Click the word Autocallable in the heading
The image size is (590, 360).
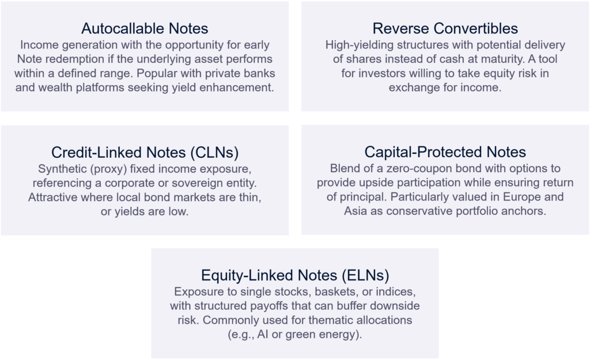coord(123,29)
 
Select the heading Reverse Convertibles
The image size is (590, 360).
coord(445,29)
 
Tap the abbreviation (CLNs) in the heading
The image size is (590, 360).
coord(214,153)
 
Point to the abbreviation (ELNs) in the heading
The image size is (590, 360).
coord(365,276)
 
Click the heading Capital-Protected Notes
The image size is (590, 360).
coord(445,152)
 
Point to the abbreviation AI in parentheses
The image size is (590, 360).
coord(263,335)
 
